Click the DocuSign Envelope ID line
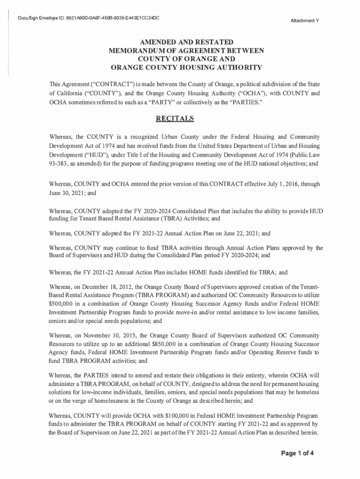[88, 18]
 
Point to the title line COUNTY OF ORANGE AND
[180, 58]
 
